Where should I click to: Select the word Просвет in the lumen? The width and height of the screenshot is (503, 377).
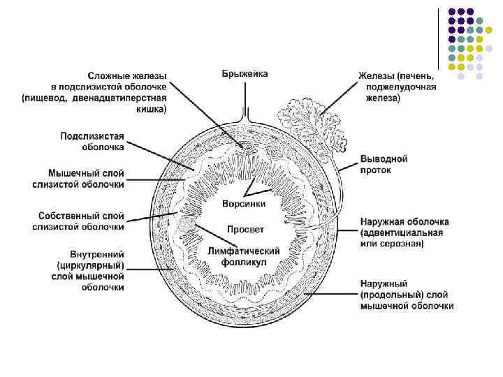point(245,228)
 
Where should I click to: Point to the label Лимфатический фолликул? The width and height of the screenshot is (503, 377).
point(244,256)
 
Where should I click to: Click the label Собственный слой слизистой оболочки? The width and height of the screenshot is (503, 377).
point(79,220)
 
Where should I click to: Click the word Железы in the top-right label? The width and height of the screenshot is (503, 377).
point(378,75)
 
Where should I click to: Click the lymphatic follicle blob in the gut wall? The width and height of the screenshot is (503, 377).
point(188,224)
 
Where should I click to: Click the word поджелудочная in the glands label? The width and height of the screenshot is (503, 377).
point(401,87)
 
